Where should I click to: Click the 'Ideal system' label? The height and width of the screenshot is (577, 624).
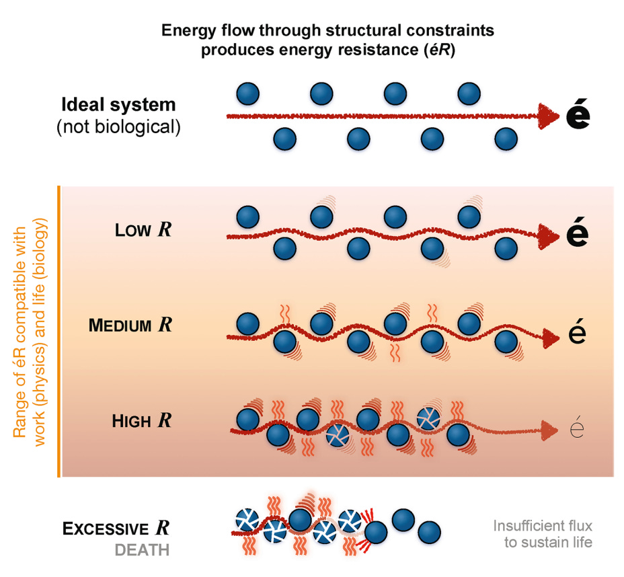(x=118, y=106)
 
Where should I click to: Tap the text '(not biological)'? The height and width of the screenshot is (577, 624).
(x=118, y=126)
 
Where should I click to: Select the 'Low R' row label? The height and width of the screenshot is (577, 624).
(x=143, y=230)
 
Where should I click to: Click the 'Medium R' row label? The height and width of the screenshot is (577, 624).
(x=130, y=325)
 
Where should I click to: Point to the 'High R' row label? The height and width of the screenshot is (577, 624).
(x=141, y=422)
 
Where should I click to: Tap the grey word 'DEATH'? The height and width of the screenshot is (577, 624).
(x=142, y=550)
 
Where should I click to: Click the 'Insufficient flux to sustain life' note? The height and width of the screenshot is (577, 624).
(x=543, y=534)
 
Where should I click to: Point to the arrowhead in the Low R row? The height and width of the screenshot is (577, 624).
(x=549, y=235)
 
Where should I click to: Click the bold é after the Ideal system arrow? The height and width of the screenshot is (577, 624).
(x=578, y=116)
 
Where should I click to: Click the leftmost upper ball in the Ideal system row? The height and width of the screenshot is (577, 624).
(x=248, y=93)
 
